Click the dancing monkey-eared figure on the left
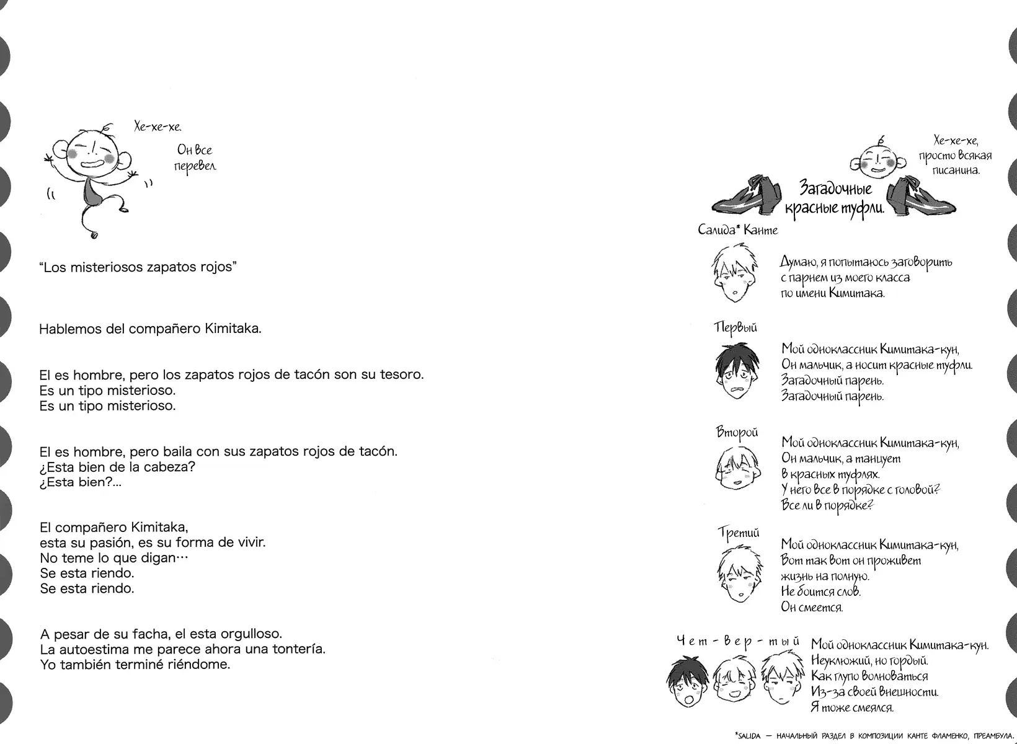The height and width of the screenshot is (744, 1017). click(x=93, y=180)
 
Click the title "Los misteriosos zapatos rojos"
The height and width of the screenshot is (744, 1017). click(x=138, y=267)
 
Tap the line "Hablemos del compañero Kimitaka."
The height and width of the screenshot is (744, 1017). click(x=150, y=329)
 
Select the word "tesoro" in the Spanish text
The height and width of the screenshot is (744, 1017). click(x=402, y=374)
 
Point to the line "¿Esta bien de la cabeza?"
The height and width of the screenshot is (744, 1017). click(x=117, y=467)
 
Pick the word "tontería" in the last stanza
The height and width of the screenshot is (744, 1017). click(x=299, y=649)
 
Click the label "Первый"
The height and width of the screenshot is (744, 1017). click(x=735, y=327)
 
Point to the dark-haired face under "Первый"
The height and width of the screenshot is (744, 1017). click(x=736, y=372)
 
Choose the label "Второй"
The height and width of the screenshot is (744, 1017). click(x=737, y=432)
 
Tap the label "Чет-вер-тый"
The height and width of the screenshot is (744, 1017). click(x=737, y=641)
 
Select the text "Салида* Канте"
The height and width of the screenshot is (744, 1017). click(x=737, y=230)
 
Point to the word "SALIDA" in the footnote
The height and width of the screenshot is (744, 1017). click(x=749, y=736)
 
